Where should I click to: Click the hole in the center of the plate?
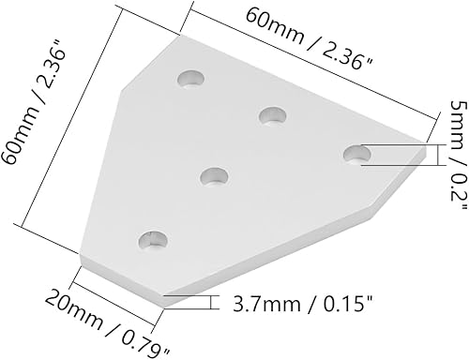tap(216, 176)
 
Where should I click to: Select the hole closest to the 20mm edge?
tap(150, 242)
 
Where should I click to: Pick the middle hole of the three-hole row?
tap(273, 115)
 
